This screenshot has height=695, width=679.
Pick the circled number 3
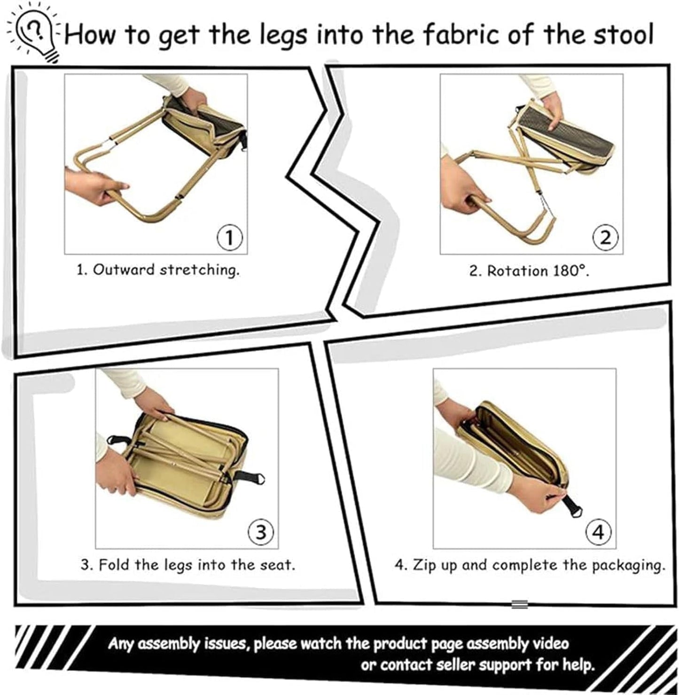[261, 532]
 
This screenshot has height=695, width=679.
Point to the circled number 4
[598, 532]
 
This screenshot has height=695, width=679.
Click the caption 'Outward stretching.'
[166, 270]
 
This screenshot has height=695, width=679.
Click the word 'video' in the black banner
[550, 643]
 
